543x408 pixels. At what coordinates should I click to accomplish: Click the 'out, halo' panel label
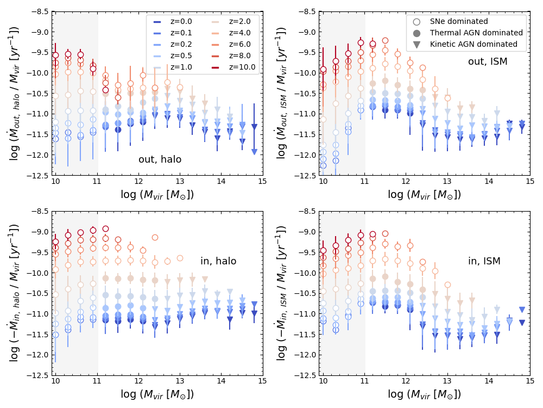point(160,159)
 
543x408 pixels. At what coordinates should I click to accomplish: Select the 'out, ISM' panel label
point(488,61)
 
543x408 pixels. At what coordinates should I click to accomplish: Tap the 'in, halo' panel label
point(218,261)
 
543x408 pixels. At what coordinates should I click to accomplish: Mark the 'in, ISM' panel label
point(484,261)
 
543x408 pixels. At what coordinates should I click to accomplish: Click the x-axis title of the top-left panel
point(157,195)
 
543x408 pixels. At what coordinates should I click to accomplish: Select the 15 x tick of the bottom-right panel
point(530,382)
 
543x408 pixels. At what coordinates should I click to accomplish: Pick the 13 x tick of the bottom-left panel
point(180,382)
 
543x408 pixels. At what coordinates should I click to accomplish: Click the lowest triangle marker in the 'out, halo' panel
point(254,152)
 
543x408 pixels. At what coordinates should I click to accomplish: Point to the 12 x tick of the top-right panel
point(406,182)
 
